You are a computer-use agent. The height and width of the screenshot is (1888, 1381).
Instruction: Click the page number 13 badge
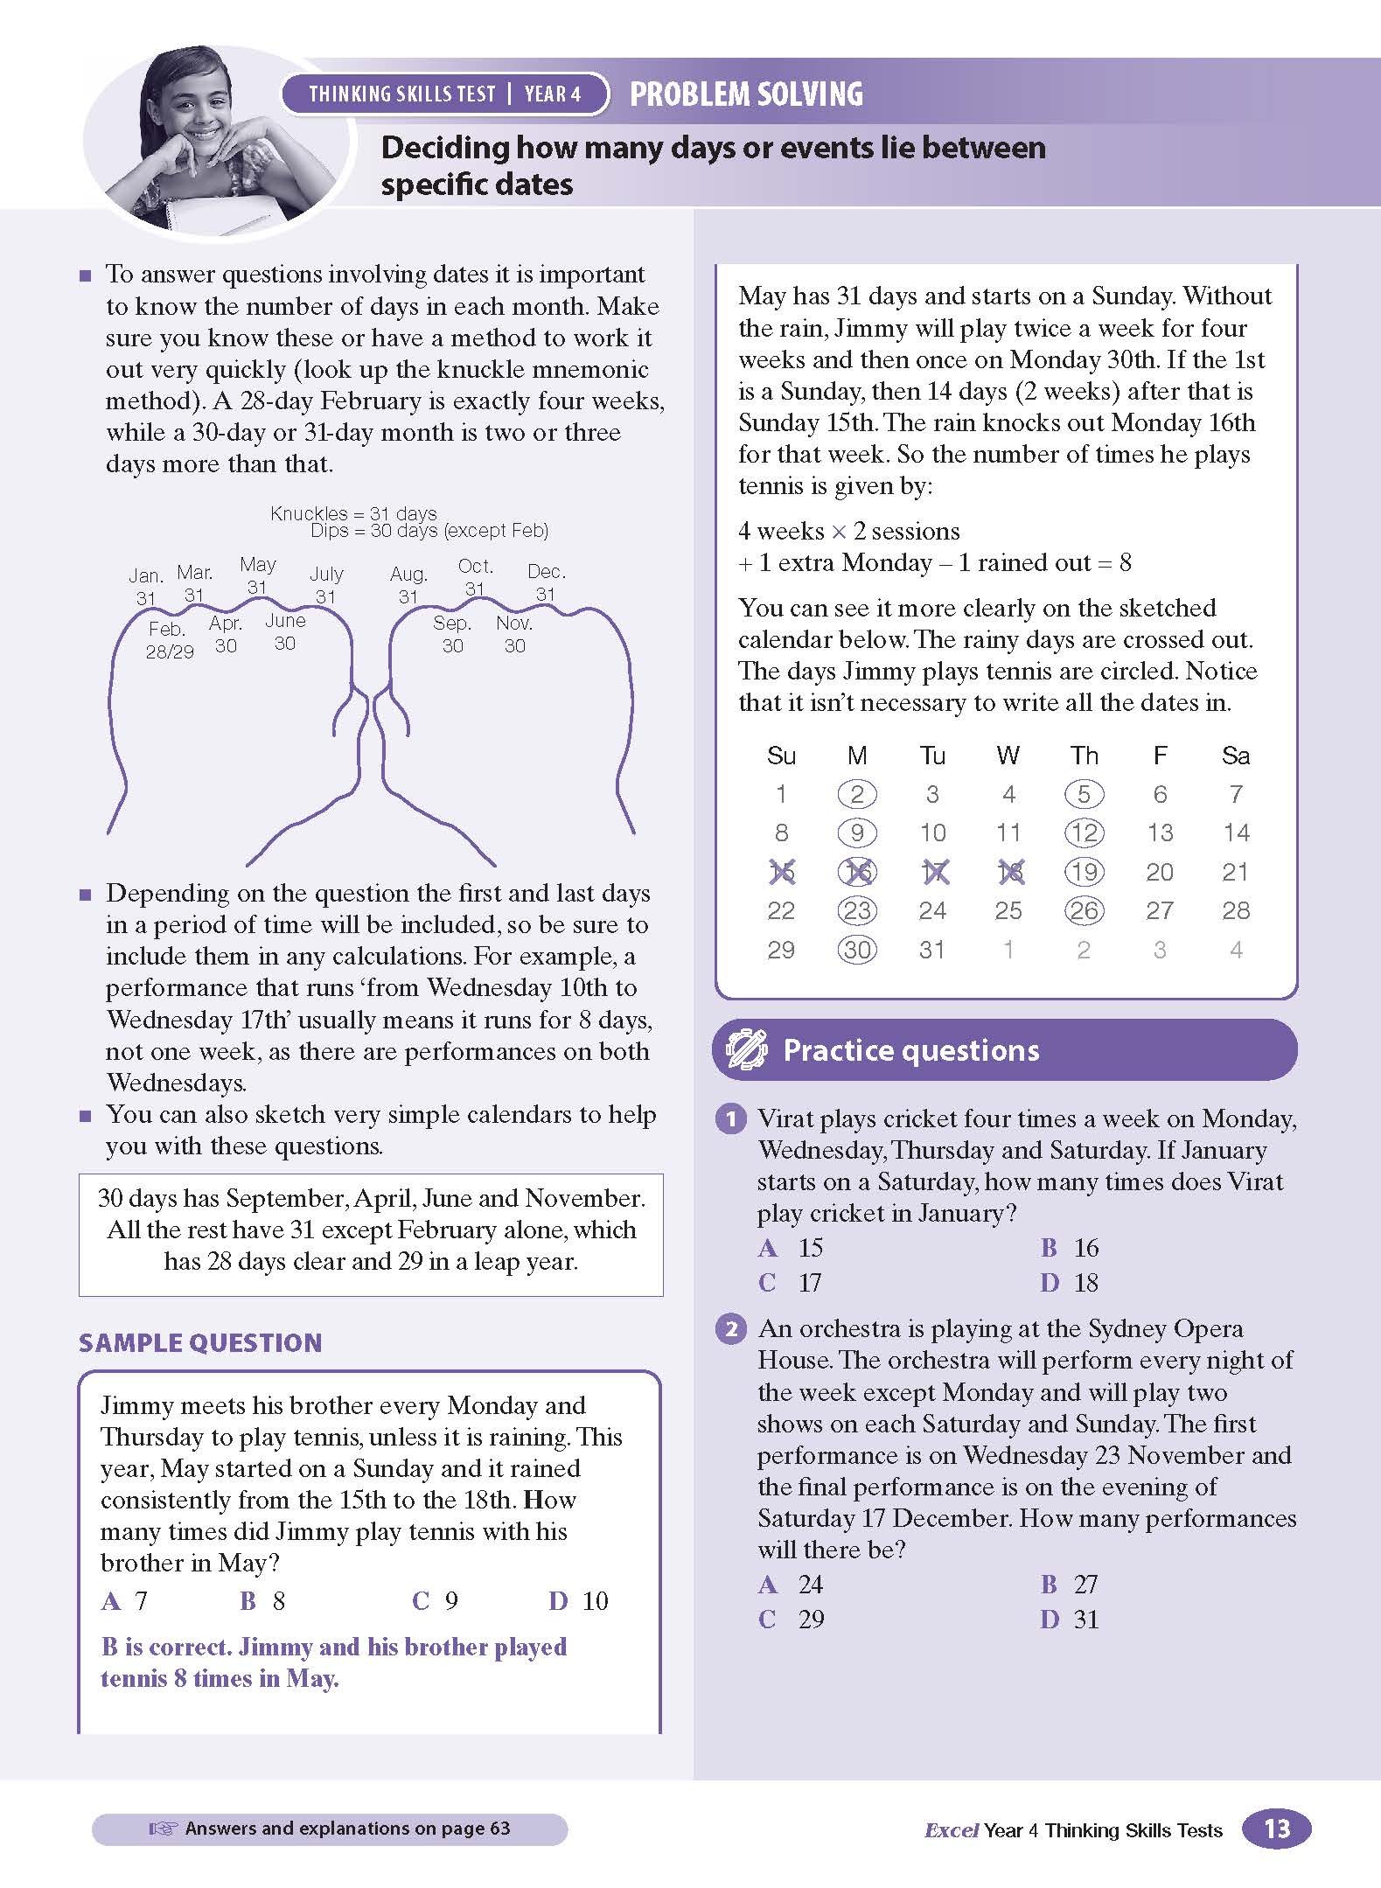pos(1276,1829)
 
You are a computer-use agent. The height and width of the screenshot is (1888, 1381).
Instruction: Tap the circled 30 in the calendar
pos(857,950)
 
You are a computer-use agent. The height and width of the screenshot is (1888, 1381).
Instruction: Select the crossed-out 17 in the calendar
pos(933,872)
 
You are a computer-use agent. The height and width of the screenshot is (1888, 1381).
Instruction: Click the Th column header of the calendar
pos(1084,756)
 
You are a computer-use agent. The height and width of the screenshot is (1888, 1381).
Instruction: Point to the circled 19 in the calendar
pos(1085,872)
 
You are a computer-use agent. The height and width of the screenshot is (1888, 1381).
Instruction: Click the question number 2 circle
pos(731,1329)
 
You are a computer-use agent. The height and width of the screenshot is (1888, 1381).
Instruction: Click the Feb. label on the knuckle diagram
pos(166,630)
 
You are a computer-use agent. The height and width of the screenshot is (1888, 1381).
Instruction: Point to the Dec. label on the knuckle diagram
pos(547,572)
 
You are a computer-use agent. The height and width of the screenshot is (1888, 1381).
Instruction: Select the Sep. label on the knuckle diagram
pos(452,624)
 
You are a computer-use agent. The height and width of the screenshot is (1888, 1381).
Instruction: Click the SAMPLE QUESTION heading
pos(200,1343)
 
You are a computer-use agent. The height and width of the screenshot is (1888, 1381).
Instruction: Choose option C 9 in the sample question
pos(436,1601)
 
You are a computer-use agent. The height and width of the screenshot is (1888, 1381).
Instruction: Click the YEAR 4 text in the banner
pos(553,94)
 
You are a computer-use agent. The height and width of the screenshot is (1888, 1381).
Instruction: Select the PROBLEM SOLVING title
pos(746,94)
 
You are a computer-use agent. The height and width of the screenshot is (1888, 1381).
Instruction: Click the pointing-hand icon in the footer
pos(163,1829)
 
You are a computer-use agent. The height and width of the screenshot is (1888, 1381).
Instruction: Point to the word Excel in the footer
pos(951,1830)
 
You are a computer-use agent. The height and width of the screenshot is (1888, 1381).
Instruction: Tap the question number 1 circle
pos(731,1119)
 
